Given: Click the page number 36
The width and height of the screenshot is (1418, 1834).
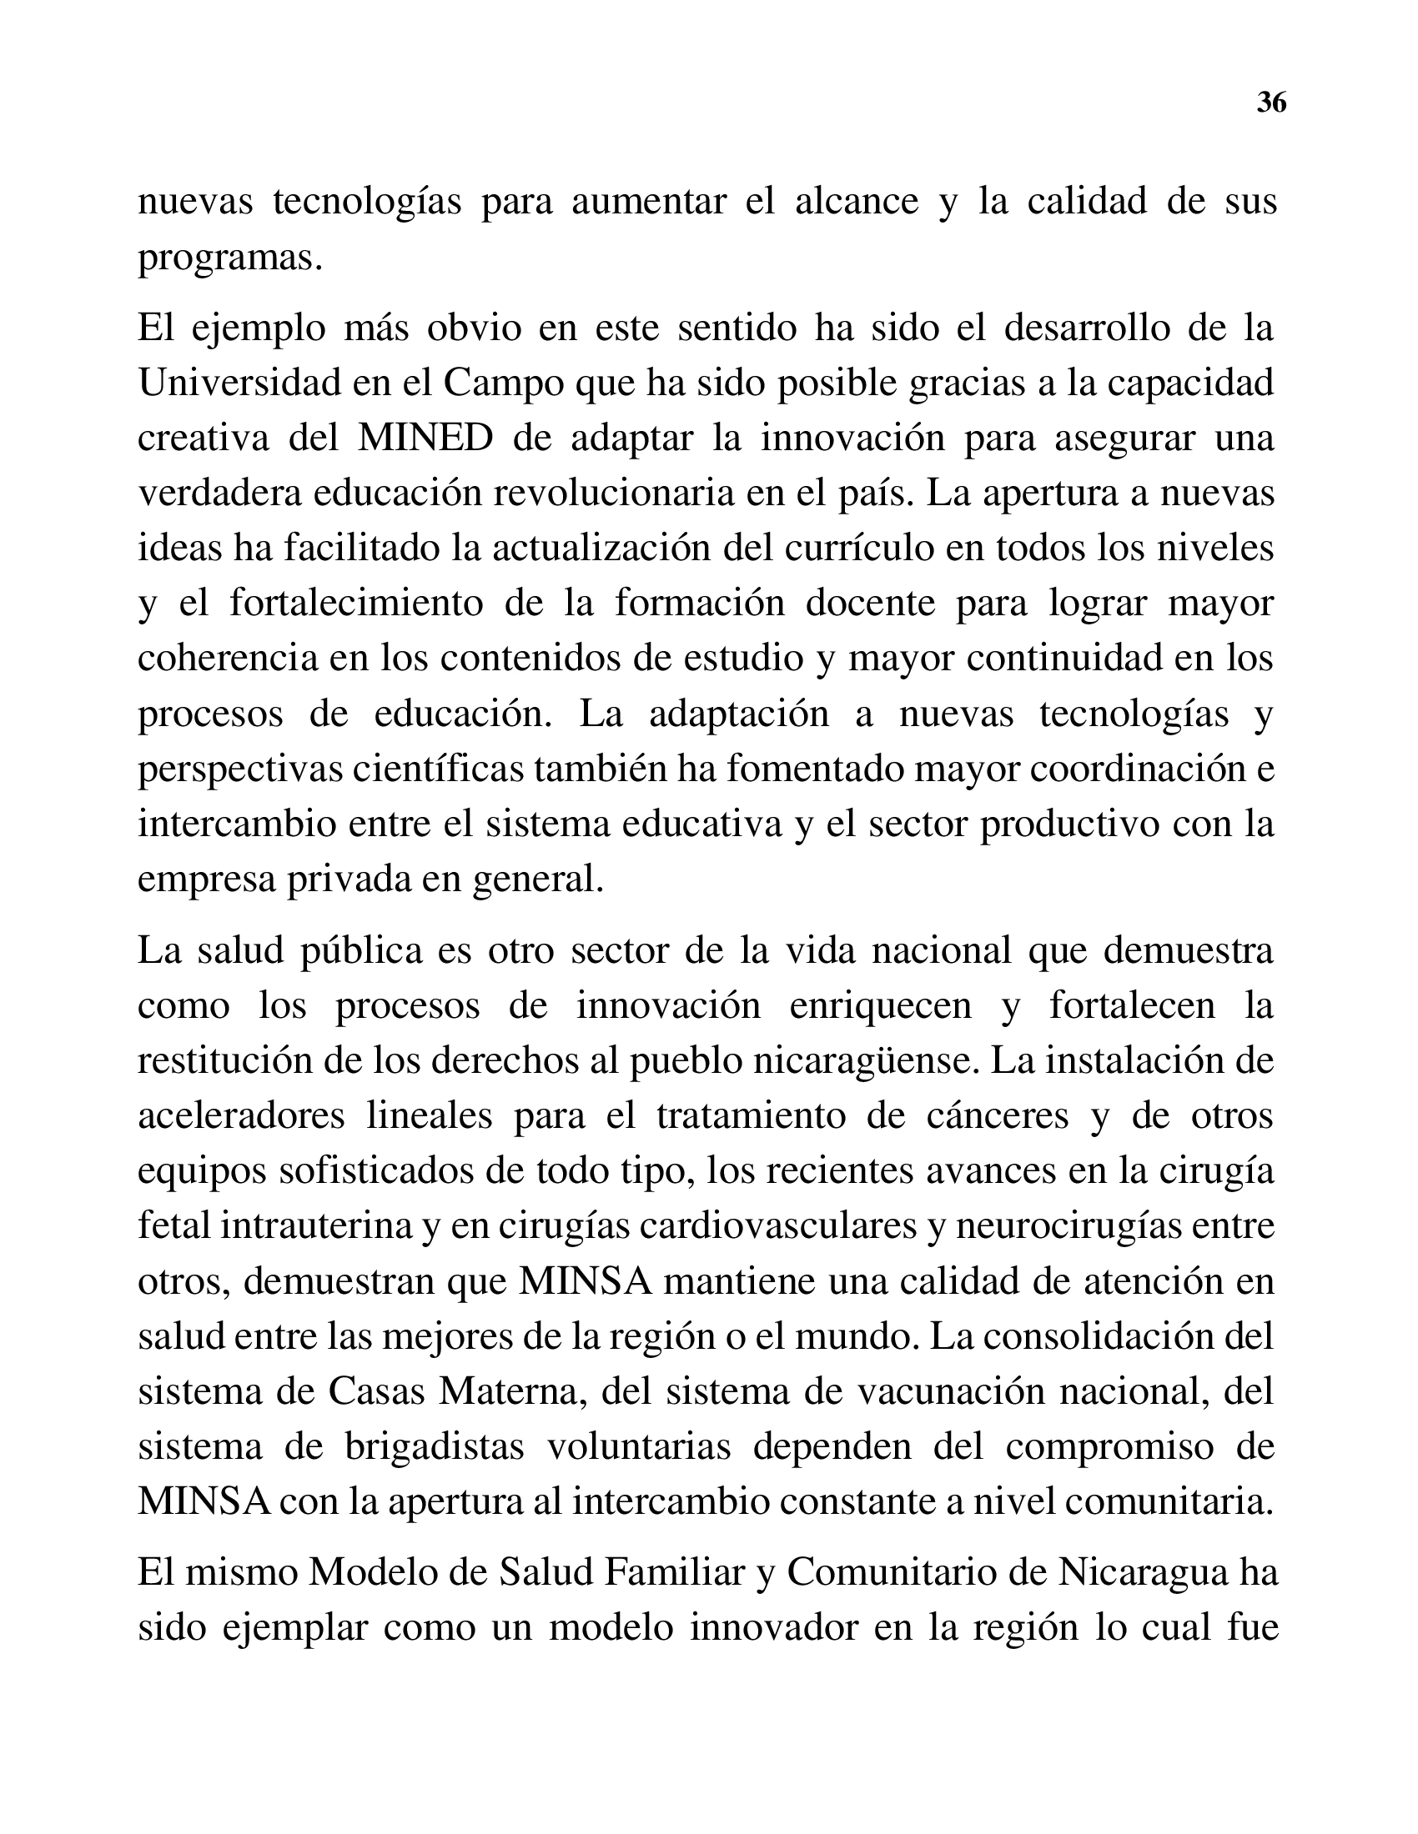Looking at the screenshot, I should click(1271, 103).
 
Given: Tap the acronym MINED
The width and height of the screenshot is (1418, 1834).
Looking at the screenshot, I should click(425, 438).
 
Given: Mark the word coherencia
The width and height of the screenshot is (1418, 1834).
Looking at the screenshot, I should click(228, 659).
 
